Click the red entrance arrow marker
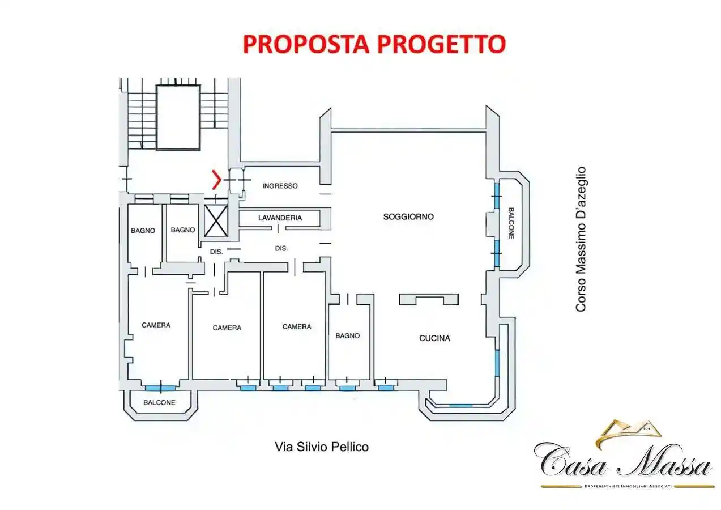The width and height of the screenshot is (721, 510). pyautogui.click(x=216, y=180)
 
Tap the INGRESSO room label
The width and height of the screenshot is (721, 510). pyautogui.click(x=280, y=186)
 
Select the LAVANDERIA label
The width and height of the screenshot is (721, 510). pyautogui.click(x=280, y=218)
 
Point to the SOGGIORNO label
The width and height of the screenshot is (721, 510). pyautogui.click(x=408, y=216)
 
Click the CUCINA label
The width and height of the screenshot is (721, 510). pyautogui.click(x=434, y=338)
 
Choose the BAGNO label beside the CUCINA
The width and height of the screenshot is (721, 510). pyautogui.click(x=347, y=335)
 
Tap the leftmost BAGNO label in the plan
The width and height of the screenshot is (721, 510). pyautogui.click(x=143, y=230)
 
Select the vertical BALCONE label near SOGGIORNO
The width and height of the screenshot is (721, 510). pyautogui.click(x=510, y=222)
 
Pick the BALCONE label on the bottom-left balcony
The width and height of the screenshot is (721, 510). pyautogui.click(x=159, y=402)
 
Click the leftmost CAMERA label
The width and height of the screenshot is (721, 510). pyautogui.click(x=156, y=325)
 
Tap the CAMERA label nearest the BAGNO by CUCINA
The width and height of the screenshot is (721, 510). pyautogui.click(x=297, y=326)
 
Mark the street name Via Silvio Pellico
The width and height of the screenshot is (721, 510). pyautogui.click(x=321, y=447)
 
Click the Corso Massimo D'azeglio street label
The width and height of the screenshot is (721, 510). pyautogui.click(x=581, y=239)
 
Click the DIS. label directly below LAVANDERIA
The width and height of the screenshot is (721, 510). pyautogui.click(x=281, y=248)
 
